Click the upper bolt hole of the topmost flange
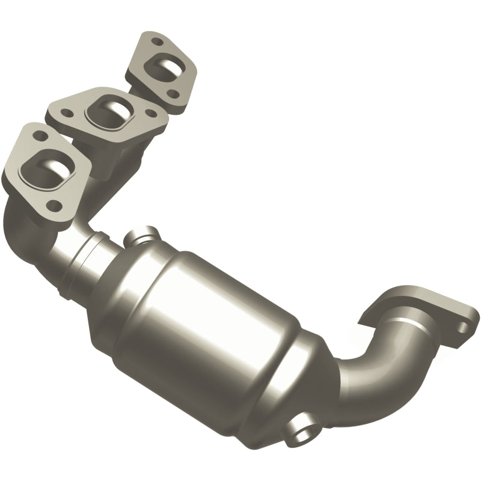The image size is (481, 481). coord(158,43)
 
